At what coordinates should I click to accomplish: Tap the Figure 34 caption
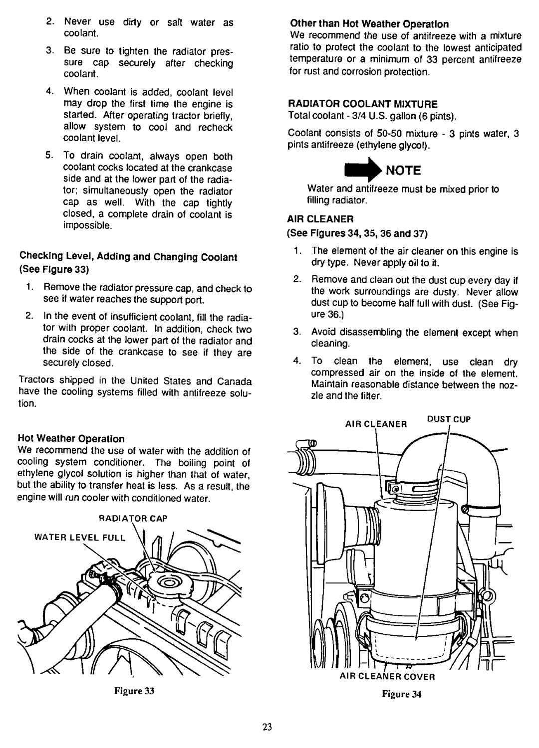tap(409, 694)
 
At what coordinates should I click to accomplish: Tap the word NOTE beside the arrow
tap(403, 171)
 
